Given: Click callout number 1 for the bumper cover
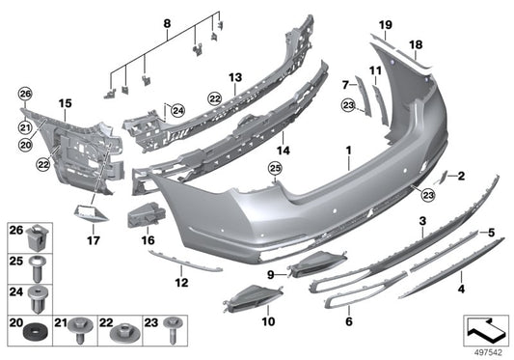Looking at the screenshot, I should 349,152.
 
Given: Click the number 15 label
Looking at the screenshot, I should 66,102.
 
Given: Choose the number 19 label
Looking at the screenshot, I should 385,23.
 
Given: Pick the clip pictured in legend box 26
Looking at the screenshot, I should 37,234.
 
